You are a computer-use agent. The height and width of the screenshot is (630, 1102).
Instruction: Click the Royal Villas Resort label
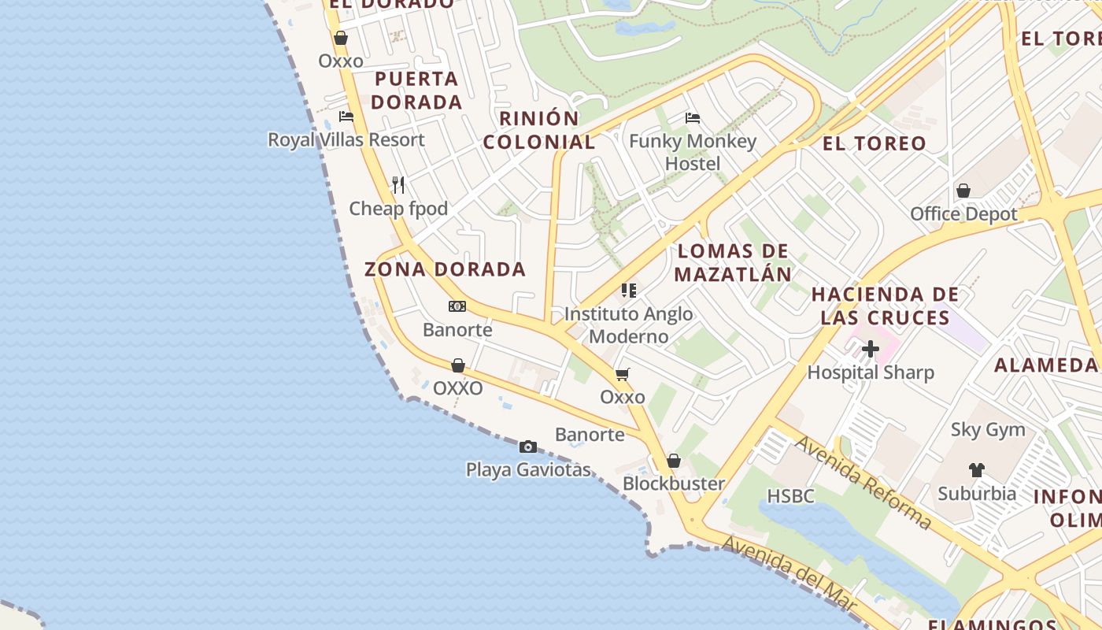pos(346,140)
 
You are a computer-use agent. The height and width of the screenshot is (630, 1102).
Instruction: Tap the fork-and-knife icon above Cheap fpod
pos(398,185)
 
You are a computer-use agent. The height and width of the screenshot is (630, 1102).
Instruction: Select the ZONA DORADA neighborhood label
pos(445,269)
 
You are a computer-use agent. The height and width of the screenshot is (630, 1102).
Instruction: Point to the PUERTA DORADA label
pos(416,91)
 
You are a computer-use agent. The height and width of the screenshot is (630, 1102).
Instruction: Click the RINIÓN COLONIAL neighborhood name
pos(539,131)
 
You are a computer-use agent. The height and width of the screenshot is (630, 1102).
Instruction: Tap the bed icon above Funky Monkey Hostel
pos(693,118)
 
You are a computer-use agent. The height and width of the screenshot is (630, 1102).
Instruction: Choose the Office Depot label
pos(963,214)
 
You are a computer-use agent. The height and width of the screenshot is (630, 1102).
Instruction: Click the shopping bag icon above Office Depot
pos(963,191)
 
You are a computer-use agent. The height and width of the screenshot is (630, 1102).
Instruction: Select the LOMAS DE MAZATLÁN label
pos(733,263)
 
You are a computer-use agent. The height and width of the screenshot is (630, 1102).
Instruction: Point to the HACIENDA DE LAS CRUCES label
pos(886,306)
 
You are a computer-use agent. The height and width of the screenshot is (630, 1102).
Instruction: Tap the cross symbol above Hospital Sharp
pos(871,349)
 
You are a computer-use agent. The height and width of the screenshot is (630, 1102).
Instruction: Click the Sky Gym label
pos(988,430)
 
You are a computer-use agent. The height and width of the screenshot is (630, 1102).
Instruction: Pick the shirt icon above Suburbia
pos(977,470)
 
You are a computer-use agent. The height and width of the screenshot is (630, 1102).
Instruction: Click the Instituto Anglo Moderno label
pos(629,325)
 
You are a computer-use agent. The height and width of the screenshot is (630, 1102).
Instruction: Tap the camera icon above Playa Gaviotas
pos(528,447)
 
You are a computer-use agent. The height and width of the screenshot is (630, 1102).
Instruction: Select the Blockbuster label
pos(674,484)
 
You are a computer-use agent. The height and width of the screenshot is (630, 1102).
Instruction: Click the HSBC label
pos(790,496)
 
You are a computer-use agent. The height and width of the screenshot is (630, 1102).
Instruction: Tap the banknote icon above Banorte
pos(457,306)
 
